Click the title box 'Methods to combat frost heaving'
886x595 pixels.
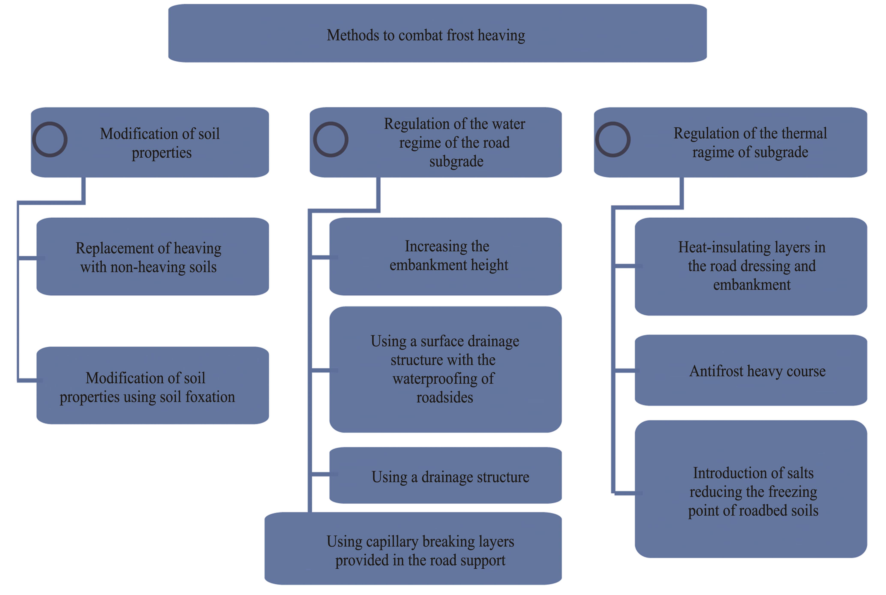coord(437,33)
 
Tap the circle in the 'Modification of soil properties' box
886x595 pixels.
coord(50,139)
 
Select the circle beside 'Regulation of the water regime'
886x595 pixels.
coord(331,139)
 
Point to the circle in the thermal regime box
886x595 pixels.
coord(613,139)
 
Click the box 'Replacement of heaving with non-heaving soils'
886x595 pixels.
coord(153,257)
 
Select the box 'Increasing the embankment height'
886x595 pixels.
coord(445,257)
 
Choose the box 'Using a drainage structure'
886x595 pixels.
coord(445,475)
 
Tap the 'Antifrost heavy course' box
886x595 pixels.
coord(751,370)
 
